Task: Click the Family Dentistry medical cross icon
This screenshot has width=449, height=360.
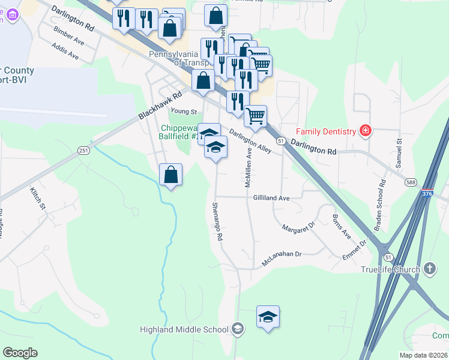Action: (364, 130)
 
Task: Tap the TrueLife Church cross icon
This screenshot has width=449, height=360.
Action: (430, 269)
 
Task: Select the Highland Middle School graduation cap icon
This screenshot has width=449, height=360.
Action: (238, 329)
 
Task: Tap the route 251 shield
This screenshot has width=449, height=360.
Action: (83, 151)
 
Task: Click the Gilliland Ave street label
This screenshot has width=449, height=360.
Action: (271, 197)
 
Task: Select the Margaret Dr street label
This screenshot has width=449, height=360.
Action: (298, 227)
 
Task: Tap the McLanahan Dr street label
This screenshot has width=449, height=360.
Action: (281, 259)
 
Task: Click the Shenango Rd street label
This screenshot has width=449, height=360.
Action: (217, 221)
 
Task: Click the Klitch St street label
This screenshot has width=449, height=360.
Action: (38, 197)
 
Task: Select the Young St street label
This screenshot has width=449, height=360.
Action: (184, 112)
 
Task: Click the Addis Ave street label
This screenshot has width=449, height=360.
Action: (65, 51)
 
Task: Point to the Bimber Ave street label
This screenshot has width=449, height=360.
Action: (68, 35)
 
